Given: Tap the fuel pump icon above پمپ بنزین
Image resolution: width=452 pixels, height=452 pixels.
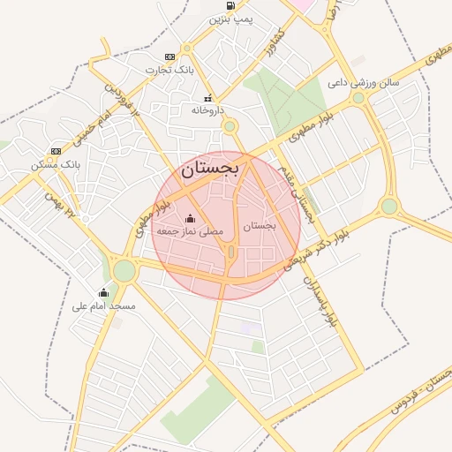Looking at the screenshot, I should (230, 5).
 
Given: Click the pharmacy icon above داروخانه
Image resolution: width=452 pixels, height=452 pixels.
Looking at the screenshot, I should (208, 99).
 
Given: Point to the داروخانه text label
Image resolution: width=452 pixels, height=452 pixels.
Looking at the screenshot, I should (209, 111).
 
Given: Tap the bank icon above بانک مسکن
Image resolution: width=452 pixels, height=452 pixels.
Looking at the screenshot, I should (56, 151).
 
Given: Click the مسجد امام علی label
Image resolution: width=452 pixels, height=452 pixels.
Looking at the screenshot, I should (104, 305).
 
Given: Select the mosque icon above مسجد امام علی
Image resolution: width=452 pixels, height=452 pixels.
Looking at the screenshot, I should (104, 292).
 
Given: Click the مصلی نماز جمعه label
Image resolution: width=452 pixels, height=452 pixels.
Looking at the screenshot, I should (190, 230).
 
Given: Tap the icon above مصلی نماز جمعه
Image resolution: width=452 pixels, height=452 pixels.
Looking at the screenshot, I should (190, 218).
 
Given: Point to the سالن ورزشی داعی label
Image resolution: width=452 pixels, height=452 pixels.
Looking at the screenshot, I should (364, 83).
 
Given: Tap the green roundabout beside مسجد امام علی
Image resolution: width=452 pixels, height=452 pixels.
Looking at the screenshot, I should (124, 269).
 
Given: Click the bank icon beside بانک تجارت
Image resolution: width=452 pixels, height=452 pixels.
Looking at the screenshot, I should (169, 56).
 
